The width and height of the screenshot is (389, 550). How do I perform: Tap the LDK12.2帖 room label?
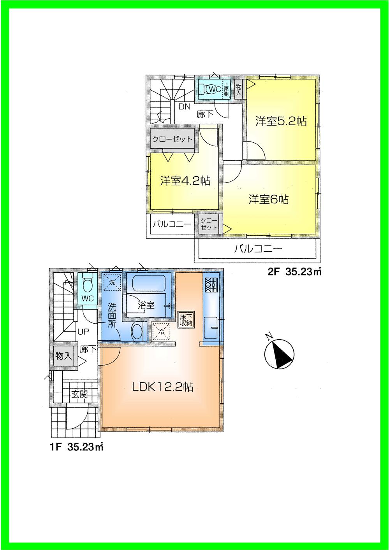coord(162,387)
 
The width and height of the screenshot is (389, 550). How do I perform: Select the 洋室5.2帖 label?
coord(281,121)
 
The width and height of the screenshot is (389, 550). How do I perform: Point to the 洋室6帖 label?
coord(269,200)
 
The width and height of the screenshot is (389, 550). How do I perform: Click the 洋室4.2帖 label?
coord(185,181)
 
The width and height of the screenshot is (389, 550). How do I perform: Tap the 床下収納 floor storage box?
coord(186,320)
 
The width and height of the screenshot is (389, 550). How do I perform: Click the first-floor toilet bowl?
coord(88,286)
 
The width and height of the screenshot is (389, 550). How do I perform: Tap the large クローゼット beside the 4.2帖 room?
coord(172,139)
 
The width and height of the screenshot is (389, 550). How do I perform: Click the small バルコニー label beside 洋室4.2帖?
coord(171,224)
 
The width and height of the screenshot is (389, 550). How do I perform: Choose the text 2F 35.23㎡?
coord(294,272)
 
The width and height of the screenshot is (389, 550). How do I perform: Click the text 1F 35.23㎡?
coord(76,447)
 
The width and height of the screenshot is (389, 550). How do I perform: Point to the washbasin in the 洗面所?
coord(137,332)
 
